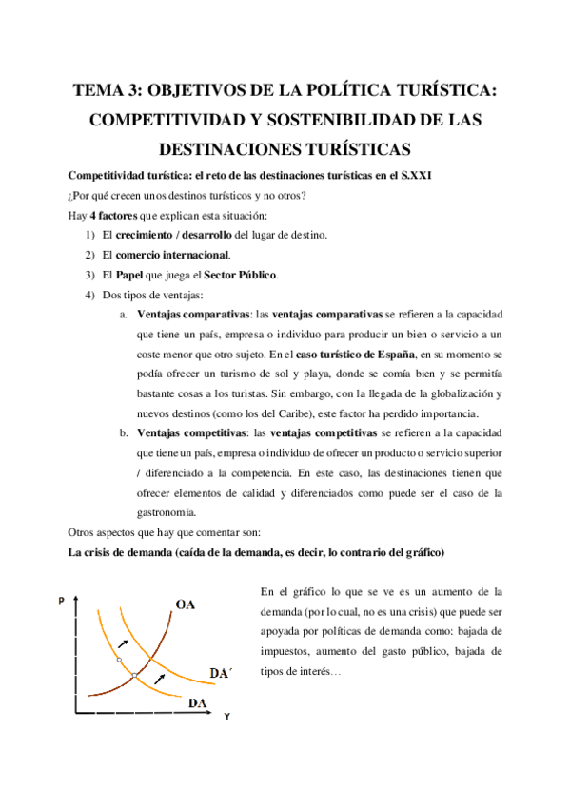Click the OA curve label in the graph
tap(186, 604)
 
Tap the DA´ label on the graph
tap(220, 673)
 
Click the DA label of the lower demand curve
tap(198, 702)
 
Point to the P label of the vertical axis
tap(62, 601)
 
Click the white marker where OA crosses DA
tap(135, 676)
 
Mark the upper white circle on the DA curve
tap(119, 659)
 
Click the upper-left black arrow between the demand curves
tap(122, 643)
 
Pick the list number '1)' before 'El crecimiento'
tap(90, 235)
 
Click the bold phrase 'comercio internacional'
tap(173, 255)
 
